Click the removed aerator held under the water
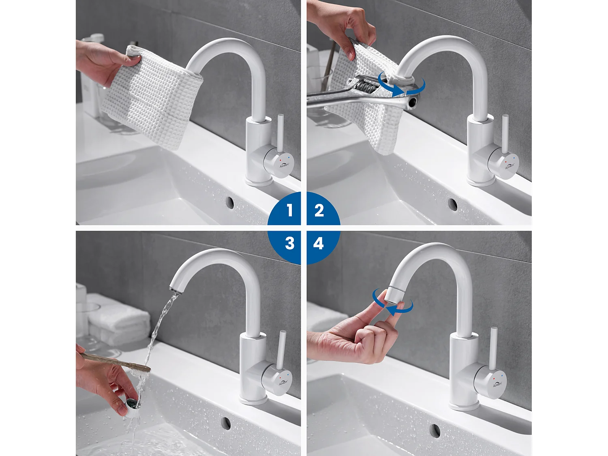coord(132,404)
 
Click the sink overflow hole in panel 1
coord(230,202)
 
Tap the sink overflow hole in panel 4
coord(435,430)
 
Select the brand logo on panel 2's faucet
coord(509,166)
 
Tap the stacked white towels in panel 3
coord(118,320)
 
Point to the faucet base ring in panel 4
coord(465,406)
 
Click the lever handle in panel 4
coord(493,349)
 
